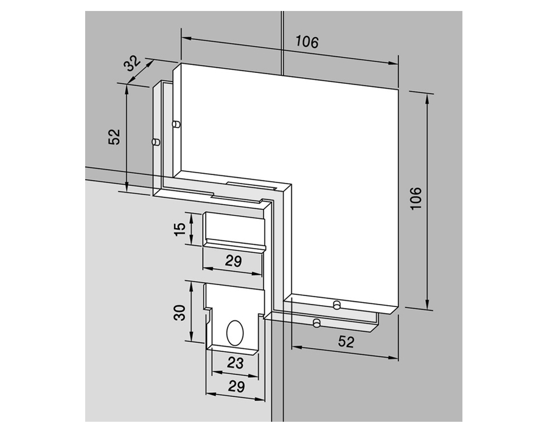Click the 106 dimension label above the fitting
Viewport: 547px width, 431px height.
[x=307, y=42]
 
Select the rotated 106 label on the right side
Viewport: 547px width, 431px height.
[x=416, y=198]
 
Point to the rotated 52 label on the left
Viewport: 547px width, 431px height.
[x=114, y=137]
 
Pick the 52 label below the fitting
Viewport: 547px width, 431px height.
[x=346, y=342]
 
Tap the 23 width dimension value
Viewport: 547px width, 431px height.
[x=235, y=363]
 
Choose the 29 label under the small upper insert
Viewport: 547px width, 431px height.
[x=233, y=261]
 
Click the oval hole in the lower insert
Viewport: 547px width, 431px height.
[x=234, y=333]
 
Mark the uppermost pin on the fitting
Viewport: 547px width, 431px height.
[x=176, y=125]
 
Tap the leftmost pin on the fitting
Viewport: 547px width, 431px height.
[x=155, y=142]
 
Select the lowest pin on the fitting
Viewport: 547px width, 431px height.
[x=316, y=323]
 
